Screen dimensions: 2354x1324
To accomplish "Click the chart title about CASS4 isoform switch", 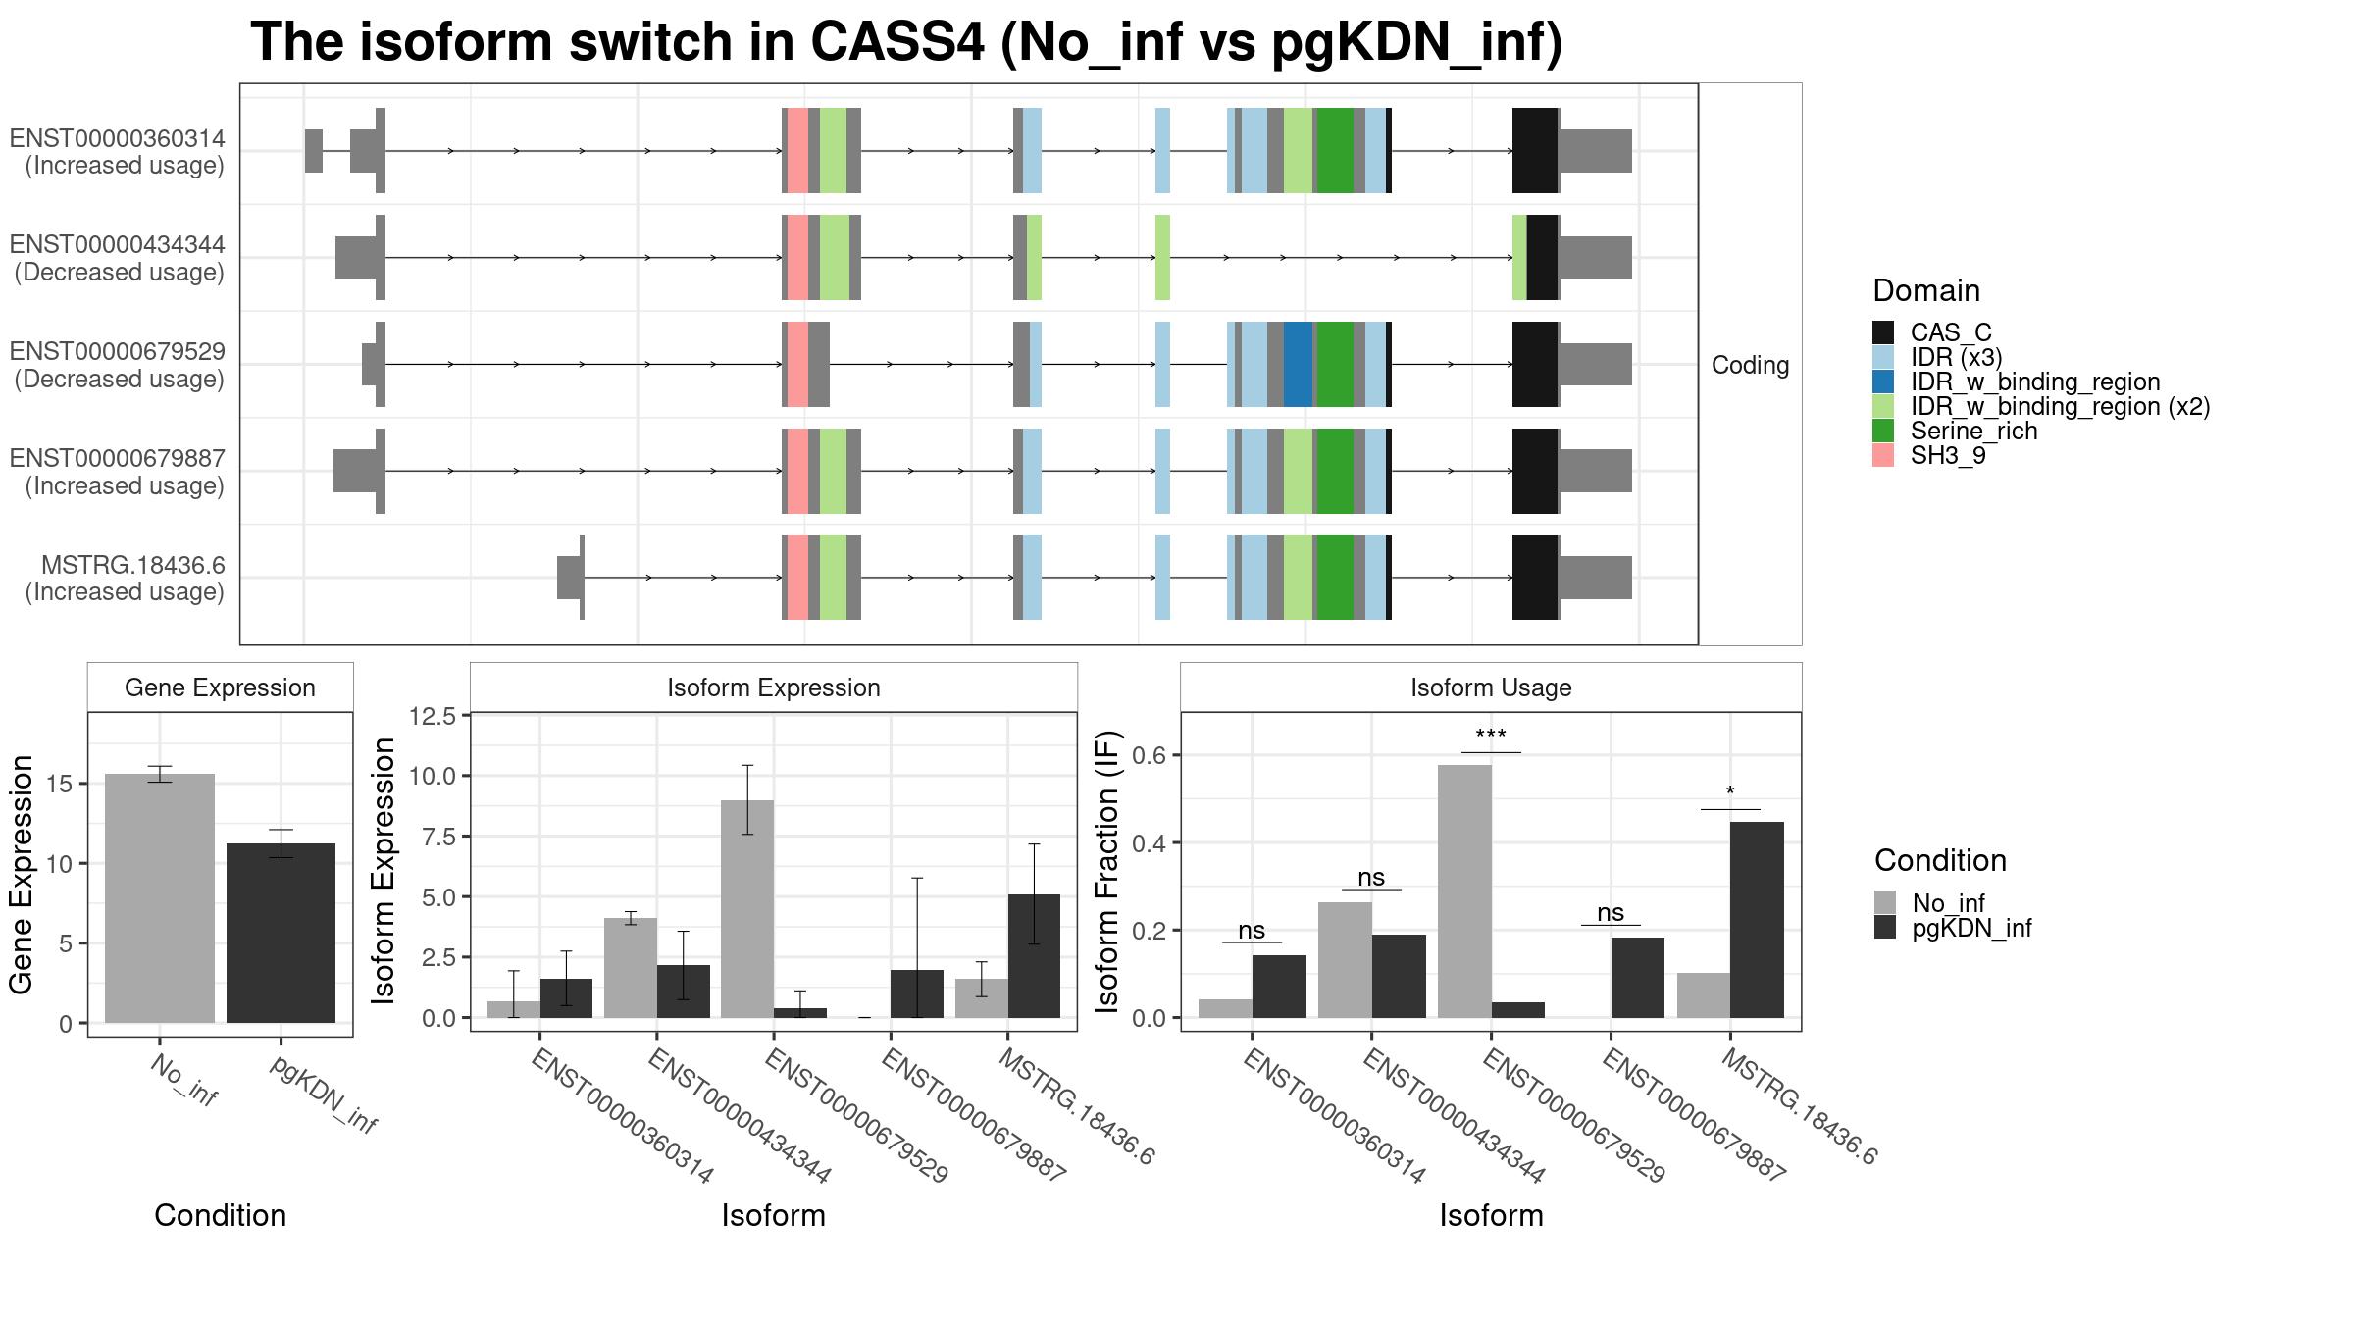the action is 906,43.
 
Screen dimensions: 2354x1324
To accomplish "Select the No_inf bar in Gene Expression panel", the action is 160,898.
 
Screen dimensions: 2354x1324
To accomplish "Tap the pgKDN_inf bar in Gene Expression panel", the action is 281,933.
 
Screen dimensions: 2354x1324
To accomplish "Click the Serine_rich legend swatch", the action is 1883,432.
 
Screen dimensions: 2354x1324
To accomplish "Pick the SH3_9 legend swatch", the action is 1883,456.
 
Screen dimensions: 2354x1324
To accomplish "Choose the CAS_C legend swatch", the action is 1883,332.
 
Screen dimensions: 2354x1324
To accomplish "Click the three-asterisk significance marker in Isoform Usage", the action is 1491,736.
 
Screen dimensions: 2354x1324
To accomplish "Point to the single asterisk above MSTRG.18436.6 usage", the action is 1730,791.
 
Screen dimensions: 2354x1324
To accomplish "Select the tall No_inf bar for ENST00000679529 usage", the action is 1464,891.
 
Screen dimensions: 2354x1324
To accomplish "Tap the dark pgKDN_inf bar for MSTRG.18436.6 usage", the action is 1757,920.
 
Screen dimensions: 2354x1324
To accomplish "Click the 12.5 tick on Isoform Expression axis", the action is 433,716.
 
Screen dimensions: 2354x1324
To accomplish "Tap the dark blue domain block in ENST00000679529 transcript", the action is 1299,364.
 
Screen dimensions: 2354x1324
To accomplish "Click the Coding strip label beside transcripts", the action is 1751,365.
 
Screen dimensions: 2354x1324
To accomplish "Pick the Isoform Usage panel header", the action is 1491,687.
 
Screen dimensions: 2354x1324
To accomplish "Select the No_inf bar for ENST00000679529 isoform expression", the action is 747,909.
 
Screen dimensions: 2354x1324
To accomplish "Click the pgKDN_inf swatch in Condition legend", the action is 1885,928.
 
